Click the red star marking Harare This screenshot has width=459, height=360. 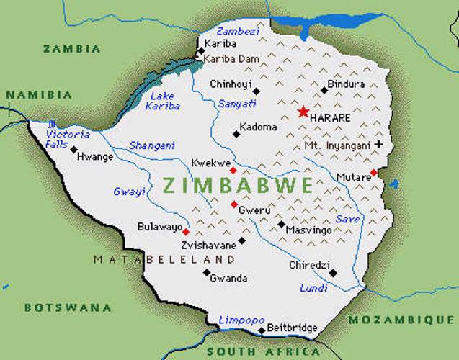[303, 112]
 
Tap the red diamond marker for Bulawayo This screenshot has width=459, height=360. [186, 232]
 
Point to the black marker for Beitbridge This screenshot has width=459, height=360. [262, 330]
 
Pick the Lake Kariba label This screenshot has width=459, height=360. [162, 101]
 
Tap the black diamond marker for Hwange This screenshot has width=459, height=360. [73, 150]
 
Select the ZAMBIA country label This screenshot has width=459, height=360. [71, 49]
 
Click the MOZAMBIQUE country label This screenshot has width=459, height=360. [403, 319]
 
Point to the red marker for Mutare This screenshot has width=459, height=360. [373, 173]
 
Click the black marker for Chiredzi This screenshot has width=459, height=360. [333, 273]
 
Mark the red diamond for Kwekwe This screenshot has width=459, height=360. [233, 171]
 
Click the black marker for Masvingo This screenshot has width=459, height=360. [282, 224]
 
